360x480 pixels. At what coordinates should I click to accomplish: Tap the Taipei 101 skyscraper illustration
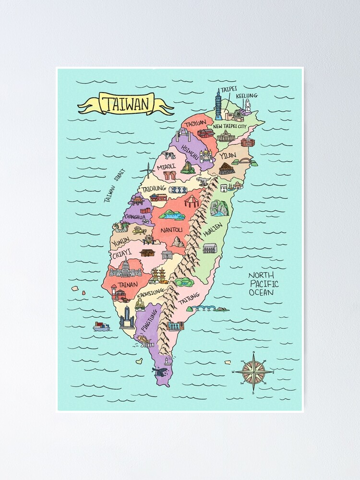pyautogui.click(x=218, y=105)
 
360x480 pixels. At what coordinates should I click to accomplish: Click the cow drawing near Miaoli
pyautogui.click(x=169, y=155)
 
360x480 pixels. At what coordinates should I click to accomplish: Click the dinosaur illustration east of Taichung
pyautogui.click(x=203, y=181)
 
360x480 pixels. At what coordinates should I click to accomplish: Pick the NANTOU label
pyautogui.click(x=171, y=230)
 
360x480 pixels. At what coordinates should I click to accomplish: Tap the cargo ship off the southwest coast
pyautogui.click(x=101, y=326)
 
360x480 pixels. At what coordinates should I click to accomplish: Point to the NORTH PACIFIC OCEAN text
pyautogui.click(x=263, y=284)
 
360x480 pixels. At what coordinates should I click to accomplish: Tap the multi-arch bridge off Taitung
pyautogui.click(x=204, y=308)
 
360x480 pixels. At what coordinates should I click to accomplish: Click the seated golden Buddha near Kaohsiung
pyautogui.click(x=141, y=304)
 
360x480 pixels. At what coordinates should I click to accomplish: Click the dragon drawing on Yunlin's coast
pyautogui.click(x=120, y=226)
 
